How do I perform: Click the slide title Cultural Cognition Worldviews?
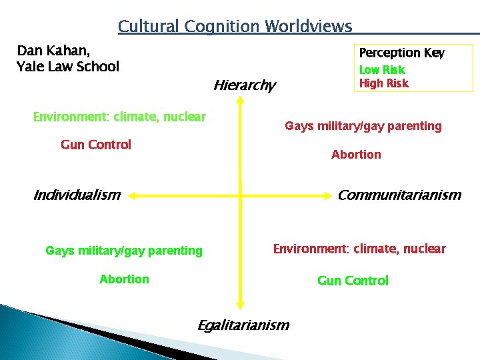[235, 27]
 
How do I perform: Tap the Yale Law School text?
[67, 67]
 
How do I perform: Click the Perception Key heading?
[401, 53]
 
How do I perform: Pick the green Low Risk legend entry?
[382, 70]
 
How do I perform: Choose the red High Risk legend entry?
[384, 83]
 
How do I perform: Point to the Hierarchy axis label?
[244, 85]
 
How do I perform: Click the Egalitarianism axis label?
[243, 325]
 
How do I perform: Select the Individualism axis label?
[77, 195]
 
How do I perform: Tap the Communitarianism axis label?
[399, 195]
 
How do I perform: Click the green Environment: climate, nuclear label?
[119, 117]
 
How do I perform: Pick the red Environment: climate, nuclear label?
[359, 249]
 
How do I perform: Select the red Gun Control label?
[96, 145]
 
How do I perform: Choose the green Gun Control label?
[353, 281]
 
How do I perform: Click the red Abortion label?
[356, 155]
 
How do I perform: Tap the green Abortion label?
[124, 279]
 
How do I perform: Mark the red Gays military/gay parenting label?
[363, 126]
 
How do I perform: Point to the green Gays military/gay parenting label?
[124, 251]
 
